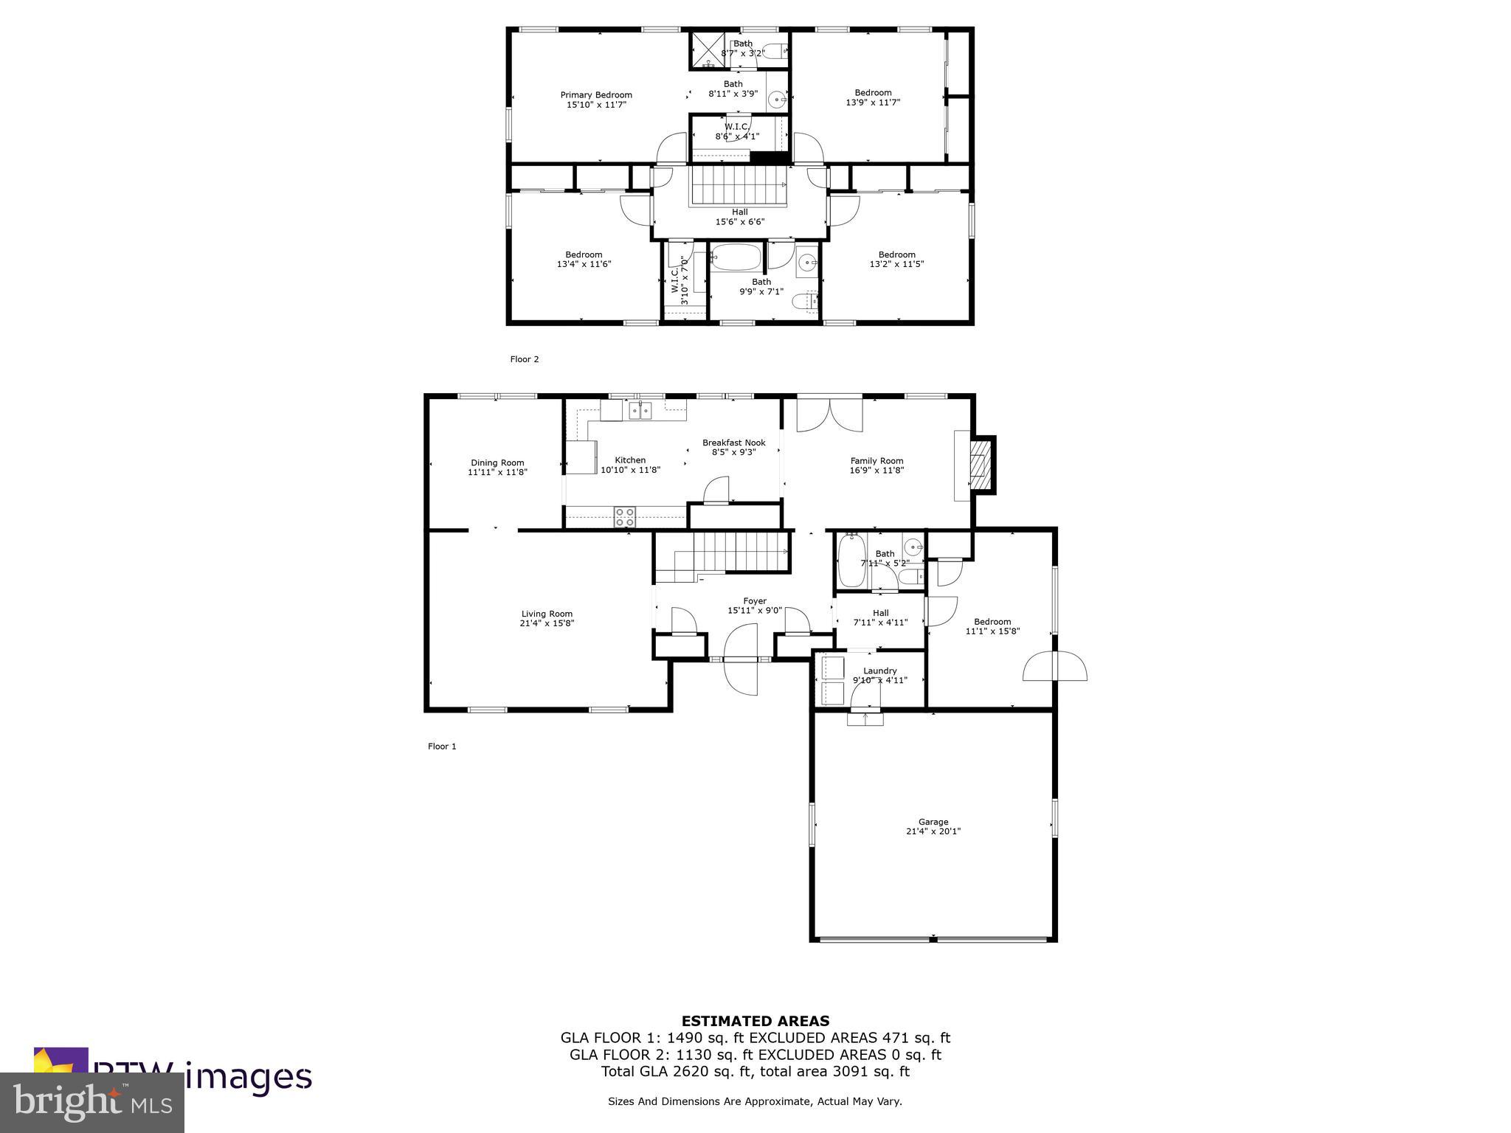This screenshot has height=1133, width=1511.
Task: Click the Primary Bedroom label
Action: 596,95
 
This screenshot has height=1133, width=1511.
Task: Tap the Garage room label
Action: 933,822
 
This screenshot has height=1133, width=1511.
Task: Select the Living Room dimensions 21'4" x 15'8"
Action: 547,623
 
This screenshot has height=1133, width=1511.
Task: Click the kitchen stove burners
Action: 625,516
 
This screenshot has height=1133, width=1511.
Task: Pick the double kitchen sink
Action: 640,411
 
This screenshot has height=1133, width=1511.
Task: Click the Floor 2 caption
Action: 525,359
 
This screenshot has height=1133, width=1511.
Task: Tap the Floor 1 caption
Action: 442,746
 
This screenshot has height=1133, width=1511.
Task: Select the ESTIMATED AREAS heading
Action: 755,1021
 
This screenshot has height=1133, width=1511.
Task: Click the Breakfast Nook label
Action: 733,443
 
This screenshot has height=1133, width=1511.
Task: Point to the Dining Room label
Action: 497,463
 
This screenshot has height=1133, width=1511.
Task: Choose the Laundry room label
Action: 879,671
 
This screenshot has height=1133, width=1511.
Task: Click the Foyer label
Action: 755,601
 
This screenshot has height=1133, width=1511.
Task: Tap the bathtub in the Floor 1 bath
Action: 851,561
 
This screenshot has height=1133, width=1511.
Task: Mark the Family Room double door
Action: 829,415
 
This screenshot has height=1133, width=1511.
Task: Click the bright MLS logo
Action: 92,1103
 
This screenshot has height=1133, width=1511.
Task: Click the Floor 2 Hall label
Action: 739,212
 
